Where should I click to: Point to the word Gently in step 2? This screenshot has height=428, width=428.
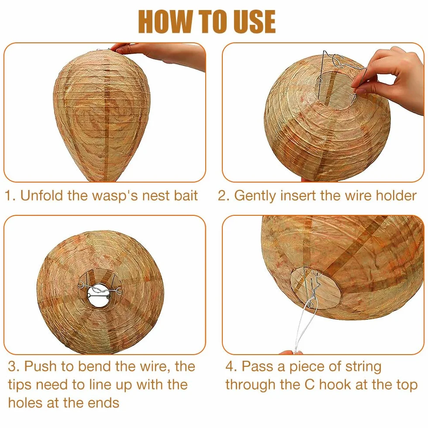255,196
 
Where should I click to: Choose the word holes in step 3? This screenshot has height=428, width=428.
25,403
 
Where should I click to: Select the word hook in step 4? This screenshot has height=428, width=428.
335,385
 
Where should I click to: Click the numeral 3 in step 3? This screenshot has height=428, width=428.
13,366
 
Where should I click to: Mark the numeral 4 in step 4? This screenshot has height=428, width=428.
230,366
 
